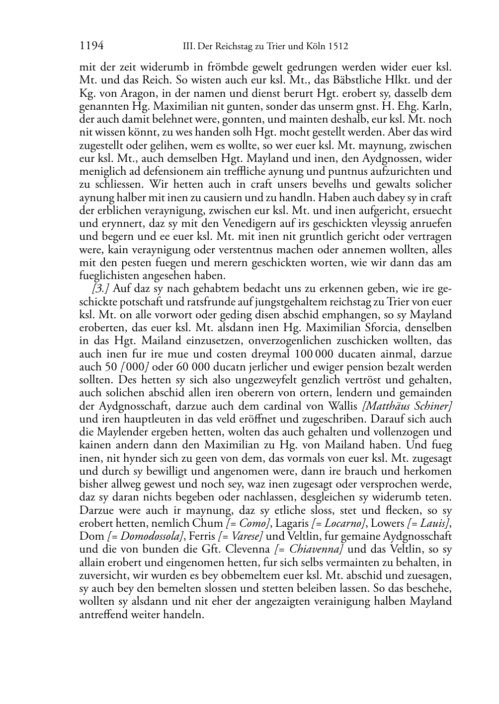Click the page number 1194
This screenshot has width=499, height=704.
pyautogui.click(x=91, y=46)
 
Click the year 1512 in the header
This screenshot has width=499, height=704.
pyautogui.click(x=337, y=47)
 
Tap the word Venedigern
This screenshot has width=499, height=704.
pyautogui.click(x=217, y=224)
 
